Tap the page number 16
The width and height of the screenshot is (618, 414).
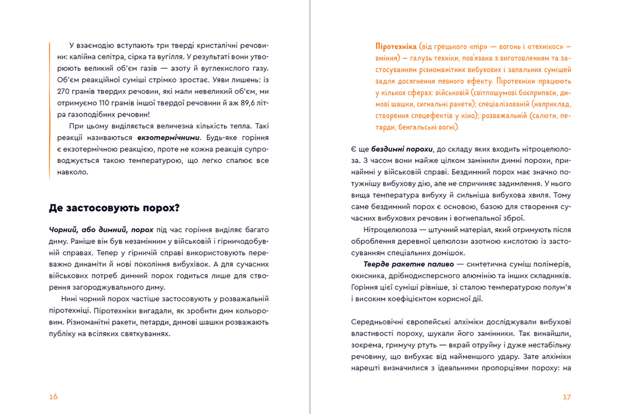pos(53,397)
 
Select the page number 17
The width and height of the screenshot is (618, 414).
pos(567,397)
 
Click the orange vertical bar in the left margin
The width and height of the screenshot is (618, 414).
pos(50,109)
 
